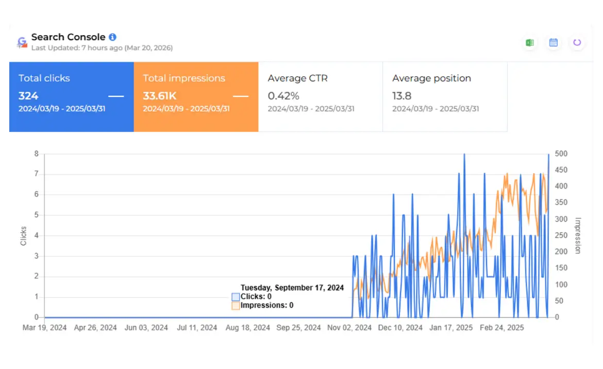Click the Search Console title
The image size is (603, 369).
pos(68,37)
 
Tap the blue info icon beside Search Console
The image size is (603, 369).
pos(113,37)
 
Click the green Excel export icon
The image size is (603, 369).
pos(529,43)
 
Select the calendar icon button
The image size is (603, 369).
pos(554,43)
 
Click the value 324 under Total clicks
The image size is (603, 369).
pos(28,96)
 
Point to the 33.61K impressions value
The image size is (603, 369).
pos(160,96)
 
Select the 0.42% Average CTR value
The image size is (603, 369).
pos(283,96)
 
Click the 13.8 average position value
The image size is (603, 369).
pos(402,96)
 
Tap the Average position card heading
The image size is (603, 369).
pos(431,78)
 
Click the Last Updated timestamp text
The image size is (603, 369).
pos(102,48)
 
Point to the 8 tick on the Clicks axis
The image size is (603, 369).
pos(37,154)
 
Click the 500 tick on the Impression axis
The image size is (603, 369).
pos(561,154)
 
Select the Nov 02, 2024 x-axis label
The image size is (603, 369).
pos(349,328)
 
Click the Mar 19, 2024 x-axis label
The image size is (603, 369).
pos(44,328)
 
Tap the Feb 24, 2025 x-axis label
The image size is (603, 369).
pos(501,328)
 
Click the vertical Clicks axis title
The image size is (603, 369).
pos(24,236)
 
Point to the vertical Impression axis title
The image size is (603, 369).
pos(578,236)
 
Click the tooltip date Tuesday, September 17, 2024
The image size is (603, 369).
pos(292,288)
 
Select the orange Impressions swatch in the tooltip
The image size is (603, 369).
pos(236,306)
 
